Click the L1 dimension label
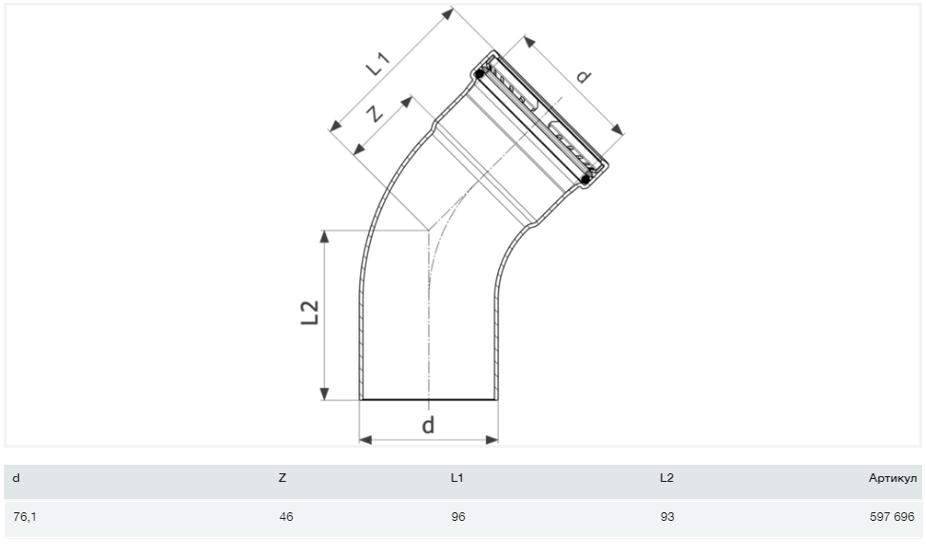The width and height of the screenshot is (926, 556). tap(378, 64)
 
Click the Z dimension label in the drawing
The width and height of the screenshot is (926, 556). tap(375, 112)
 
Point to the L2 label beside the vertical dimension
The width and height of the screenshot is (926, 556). tap(310, 313)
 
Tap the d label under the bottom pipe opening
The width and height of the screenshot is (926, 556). tap(428, 425)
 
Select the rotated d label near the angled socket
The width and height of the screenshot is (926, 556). tap(583, 76)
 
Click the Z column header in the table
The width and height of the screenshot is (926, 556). tap(282, 478)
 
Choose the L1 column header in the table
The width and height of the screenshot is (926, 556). tap(457, 478)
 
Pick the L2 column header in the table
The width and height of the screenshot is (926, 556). tap(666, 478)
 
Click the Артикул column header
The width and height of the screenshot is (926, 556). tap(893, 478)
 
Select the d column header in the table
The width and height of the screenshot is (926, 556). tap(16, 478)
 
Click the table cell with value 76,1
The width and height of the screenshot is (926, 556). tap(25, 517)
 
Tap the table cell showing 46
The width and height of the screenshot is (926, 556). tap(286, 517)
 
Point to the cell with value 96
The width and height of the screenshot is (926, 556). tap(458, 517)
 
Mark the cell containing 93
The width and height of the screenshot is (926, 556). tap(667, 517)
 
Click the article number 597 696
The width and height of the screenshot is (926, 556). tap(892, 517)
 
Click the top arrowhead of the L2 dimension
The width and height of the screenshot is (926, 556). tap(323, 236)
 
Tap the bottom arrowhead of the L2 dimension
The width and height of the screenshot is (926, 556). tap(323, 393)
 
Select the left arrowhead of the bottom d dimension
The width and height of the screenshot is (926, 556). tap(366, 440)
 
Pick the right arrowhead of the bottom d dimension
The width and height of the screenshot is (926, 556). tap(492, 440)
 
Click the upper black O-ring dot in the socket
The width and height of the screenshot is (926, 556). tap(480, 74)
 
